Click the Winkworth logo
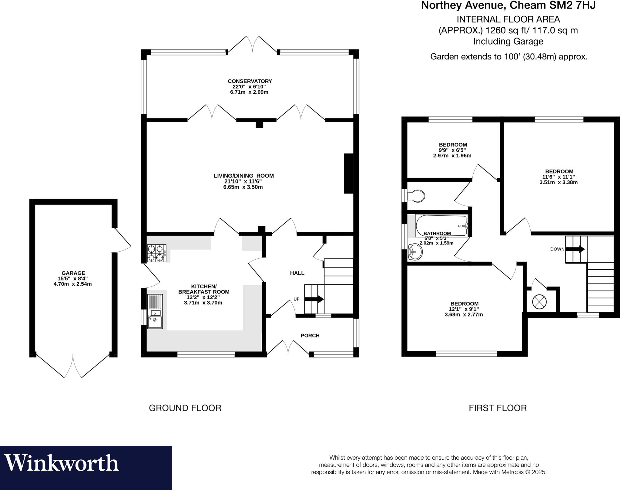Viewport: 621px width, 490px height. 62,463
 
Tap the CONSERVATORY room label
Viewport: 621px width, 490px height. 250,81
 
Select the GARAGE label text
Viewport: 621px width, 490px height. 73,273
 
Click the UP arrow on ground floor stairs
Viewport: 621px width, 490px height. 314,299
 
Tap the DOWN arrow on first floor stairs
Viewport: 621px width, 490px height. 575,249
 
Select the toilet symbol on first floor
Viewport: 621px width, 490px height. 416,196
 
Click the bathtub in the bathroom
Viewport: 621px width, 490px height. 441,226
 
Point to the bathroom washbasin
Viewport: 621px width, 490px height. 415,252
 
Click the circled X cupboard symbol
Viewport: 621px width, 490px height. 539,302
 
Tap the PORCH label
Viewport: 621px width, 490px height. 310,335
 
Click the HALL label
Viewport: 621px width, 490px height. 297,273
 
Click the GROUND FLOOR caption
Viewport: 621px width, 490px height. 185,408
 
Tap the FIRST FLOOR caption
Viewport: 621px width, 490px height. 498,408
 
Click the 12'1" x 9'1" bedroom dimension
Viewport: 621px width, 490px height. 464,309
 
